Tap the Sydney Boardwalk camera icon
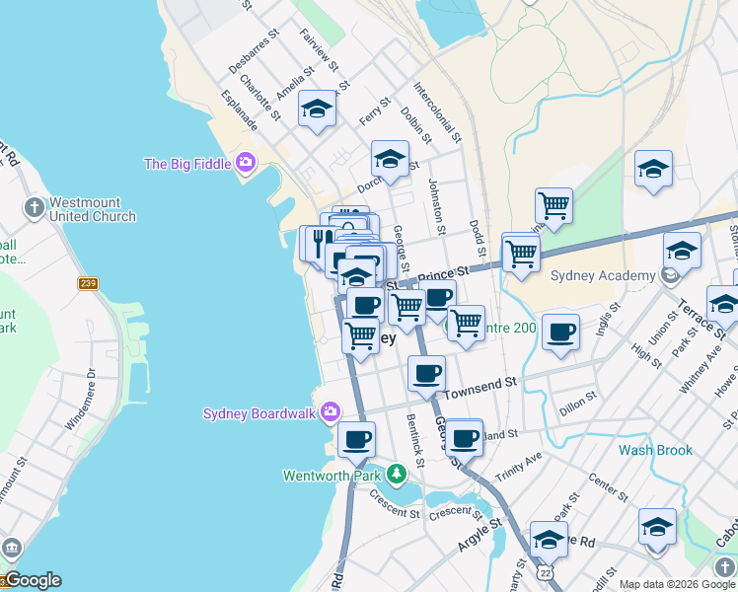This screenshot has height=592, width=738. point(330,411)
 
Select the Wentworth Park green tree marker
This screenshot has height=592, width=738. point(396,475)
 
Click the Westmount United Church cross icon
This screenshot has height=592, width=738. point(35,207)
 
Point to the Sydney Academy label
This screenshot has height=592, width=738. point(603,276)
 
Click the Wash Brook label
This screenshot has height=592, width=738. point(655,450)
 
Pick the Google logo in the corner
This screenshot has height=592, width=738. point(32,580)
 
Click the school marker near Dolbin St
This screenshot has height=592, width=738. point(390,160)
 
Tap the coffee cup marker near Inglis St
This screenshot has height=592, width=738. point(560,333)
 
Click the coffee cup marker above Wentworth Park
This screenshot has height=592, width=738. point(356,439)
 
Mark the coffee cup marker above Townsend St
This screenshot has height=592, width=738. point(427,373)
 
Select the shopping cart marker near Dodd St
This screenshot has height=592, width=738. point(520,252)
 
